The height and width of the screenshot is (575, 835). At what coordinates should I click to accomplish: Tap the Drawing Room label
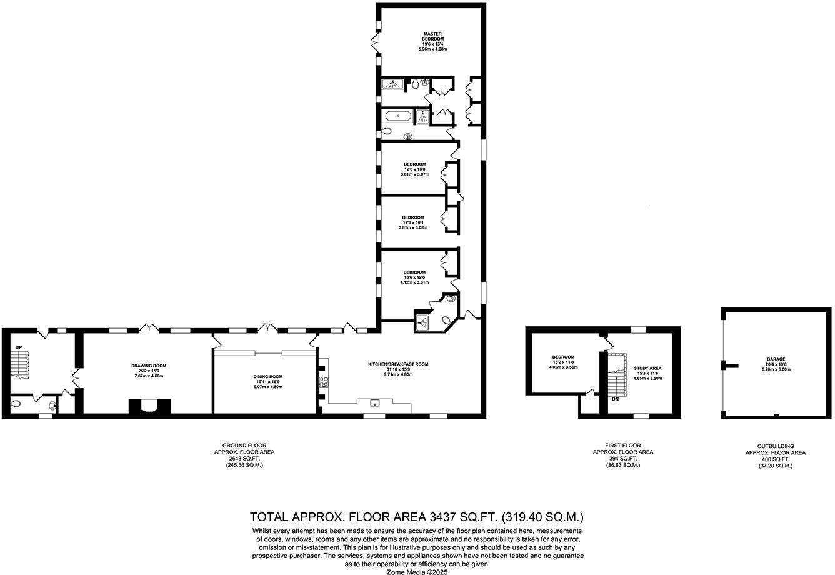pyautogui.click(x=149, y=366)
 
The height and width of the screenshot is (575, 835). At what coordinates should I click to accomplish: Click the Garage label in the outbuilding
pyautogui.click(x=776, y=359)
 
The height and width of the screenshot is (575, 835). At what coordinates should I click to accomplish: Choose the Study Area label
pyautogui.click(x=647, y=368)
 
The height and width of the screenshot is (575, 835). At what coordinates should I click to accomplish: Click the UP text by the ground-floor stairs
pyautogui.click(x=19, y=347)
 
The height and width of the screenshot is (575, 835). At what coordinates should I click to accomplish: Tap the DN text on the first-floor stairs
pyautogui.click(x=616, y=399)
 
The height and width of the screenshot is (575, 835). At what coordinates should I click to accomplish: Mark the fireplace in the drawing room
pyautogui.click(x=149, y=407)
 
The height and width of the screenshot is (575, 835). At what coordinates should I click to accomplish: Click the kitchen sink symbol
pyautogui.click(x=376, y=402)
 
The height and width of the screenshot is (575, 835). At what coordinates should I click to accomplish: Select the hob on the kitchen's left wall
pyautogui.click(x=324, y=382)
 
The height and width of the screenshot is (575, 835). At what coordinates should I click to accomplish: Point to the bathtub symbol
pyautogui.click(x=397, y=116)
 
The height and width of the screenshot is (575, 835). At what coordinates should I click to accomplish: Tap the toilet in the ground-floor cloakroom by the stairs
pyautogui.click(x=16, y=404)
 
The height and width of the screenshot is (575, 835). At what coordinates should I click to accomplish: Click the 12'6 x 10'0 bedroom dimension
pyautogui.click(x=414, y=169)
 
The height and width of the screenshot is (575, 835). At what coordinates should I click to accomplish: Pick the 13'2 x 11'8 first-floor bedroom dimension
pyautogui.click(x=563, y=362)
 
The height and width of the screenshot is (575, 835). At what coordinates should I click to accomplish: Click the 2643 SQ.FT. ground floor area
pyautogui.click(x=244, y=459)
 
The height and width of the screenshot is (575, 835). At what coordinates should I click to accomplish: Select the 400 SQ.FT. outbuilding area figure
pyautogui.click(x=776, y=459)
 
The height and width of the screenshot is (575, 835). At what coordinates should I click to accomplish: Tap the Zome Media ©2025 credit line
pyautogui.click(x=417, y=571)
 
